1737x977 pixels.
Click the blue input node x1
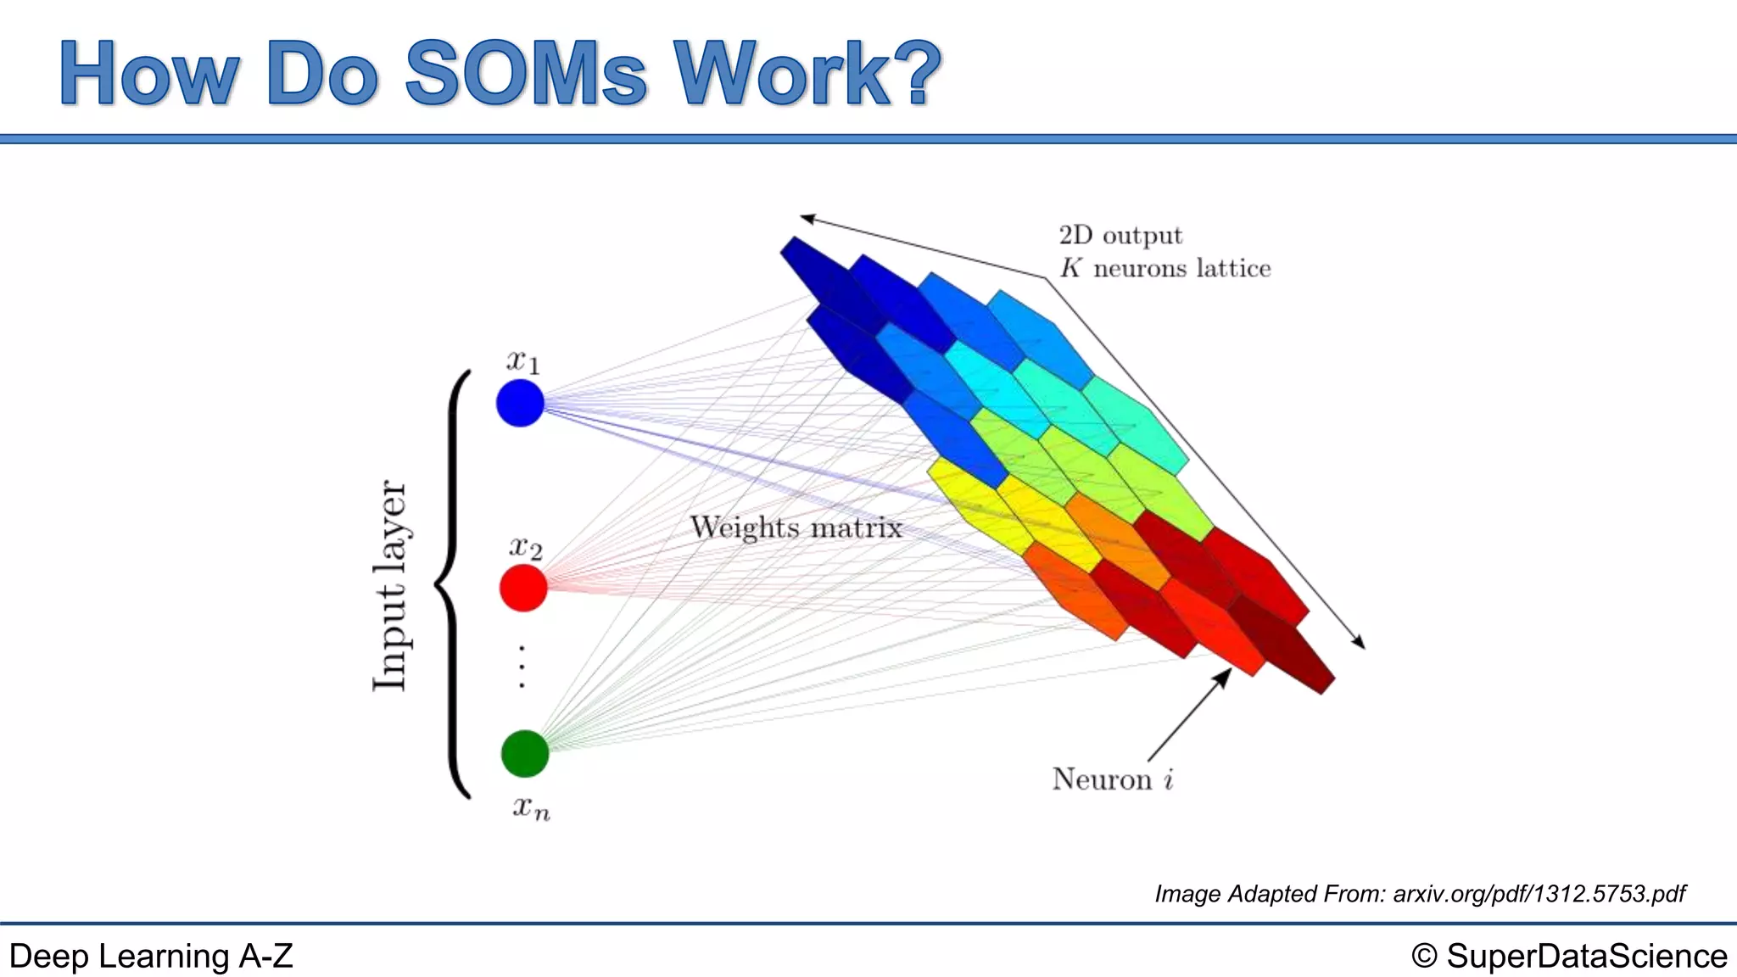(x=520, y=403)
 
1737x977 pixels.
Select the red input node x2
(x=523, y=588)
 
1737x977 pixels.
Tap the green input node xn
(x=525, y=753)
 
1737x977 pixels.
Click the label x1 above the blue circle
(x=522, y=361)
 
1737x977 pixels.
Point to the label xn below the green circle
(x=531, y=807)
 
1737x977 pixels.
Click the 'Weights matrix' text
(x=796, y=528)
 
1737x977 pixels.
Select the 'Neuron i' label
(x=1112, y=779)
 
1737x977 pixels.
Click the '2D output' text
(x=1120, y=235)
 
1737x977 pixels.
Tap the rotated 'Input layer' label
(x=391, y=585)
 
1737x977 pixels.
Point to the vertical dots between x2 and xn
(x=522, y=666)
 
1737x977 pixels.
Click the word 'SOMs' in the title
(x=526, y=74)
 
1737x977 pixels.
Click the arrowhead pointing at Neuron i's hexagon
(x=1223, y=676)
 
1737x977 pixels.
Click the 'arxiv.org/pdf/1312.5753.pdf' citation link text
(x=1539, y=894)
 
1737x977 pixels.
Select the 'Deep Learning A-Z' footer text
(x=151, y=957)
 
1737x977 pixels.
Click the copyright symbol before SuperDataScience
(x=1424, y=957)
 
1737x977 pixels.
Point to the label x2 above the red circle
(x=525, y=548)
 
